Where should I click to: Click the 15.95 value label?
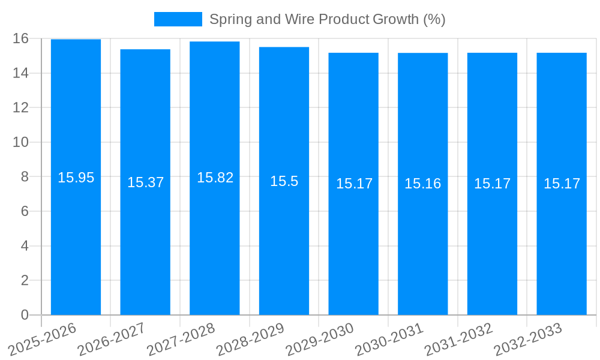(x=76, y=178)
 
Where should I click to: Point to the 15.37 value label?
(x=145, y=182)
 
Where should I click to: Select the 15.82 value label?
(x=215, y=178)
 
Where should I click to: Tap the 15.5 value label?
(x=284, y=181)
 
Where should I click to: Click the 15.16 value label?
(x=422, y=184)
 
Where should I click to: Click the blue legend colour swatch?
(x=178, y=19)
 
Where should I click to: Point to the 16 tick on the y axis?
(x=20, y=38)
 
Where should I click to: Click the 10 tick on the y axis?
(x=20, y=142)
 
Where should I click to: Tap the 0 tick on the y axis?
(x=25, y=315)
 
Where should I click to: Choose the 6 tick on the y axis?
(x=25, y=211)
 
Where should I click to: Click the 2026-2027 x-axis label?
(x=112, y=339)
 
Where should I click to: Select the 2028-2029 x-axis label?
(x=250, y=339)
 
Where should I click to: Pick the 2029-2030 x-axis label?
(x=320, y=339)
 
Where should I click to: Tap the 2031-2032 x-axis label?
(x=458, y=339)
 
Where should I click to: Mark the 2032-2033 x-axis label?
(x=528, y=339)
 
